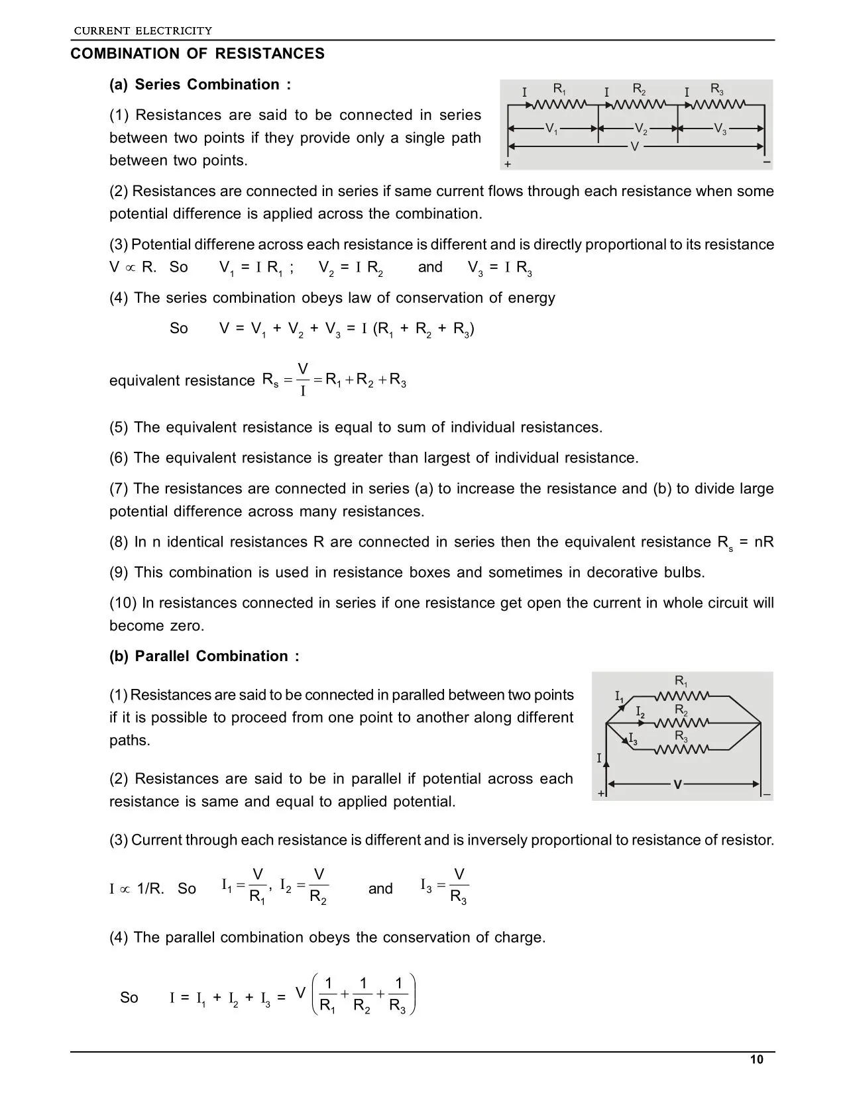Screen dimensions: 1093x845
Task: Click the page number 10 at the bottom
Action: pyautogui.click(x=757, y=1059)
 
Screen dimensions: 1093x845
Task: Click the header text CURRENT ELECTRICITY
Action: pyautogui.click(x=142, y=30)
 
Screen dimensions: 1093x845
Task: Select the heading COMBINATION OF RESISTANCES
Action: pyautogui.click(x=197, y=54)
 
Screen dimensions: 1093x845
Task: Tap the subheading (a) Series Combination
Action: pyautogui.click(x=199, y=85)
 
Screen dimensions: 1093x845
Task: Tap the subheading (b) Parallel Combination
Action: pyautogui.click(x=204, y=656)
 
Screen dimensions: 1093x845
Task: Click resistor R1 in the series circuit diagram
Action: pyautogui.click(x=561, y=104)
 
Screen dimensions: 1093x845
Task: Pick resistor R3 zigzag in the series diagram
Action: pyautogui.click(x=720, y=104)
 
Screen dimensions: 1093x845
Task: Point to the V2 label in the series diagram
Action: pyautogui.click(x=640, y=129)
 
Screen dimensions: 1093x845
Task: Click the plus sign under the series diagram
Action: pyautogui.click(x=508, y=164)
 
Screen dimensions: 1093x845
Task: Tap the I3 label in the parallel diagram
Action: pyautogui.click(x=633, y=738)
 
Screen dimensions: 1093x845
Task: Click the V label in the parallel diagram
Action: pyautogui.click(x=677, y=785)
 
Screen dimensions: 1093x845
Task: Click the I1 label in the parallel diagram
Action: pyautogui.click(x=619, y=697)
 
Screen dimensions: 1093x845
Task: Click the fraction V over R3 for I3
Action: pyautogui.click(x=459, y=886)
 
